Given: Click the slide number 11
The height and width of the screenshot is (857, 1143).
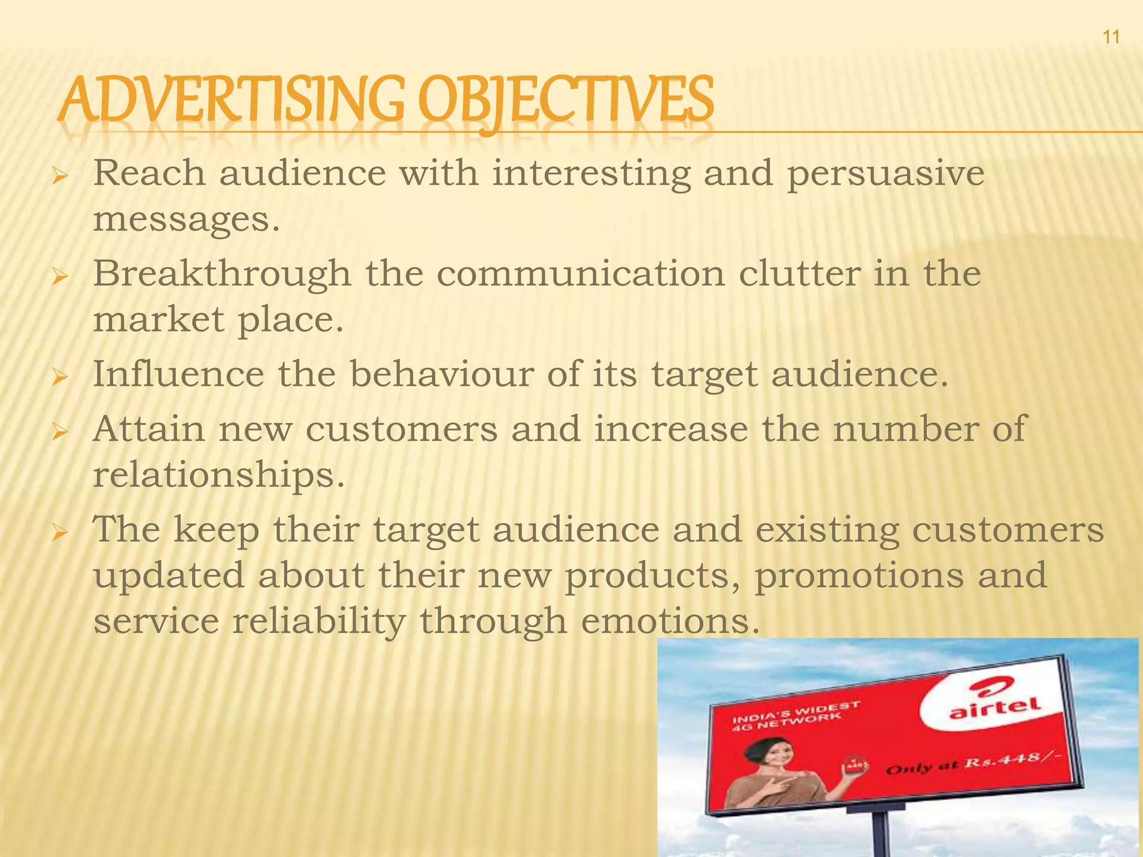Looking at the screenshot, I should [1111, 37].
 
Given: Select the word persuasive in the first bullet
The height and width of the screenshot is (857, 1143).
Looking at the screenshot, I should [885, 174].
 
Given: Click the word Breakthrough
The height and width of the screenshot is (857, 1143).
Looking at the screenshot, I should [222, 274].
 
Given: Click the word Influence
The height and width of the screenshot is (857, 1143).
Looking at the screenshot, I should [178, 374].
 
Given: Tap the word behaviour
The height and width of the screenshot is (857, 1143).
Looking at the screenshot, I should [441, 374].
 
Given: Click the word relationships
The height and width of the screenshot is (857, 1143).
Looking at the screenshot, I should [218, 475].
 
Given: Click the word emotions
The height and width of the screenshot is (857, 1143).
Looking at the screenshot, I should [670, 621].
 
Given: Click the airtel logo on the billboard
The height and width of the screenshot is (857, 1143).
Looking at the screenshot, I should [995, 705].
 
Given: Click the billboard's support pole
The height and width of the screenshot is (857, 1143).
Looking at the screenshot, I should [881, 834].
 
